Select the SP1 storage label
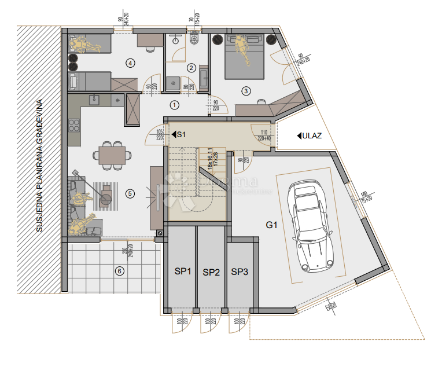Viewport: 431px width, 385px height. (183, 271)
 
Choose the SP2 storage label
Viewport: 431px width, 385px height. (211, 272)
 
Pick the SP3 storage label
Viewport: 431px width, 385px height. (240, 271)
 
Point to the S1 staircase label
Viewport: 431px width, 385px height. (180, 134)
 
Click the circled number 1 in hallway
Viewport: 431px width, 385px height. (174, 105)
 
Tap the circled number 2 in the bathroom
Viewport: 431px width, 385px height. (190, 68)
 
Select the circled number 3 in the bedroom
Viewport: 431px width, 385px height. (246, 91)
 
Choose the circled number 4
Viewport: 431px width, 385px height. (131, 63)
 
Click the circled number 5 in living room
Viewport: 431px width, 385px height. (130, 193)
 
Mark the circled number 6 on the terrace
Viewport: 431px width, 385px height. (120, 270)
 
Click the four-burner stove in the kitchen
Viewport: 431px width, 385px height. (74, 124)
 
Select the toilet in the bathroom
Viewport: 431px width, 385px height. (194, 39)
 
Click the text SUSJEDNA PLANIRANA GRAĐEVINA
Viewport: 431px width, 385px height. (39, 166)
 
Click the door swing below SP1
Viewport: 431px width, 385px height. (182, 325)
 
